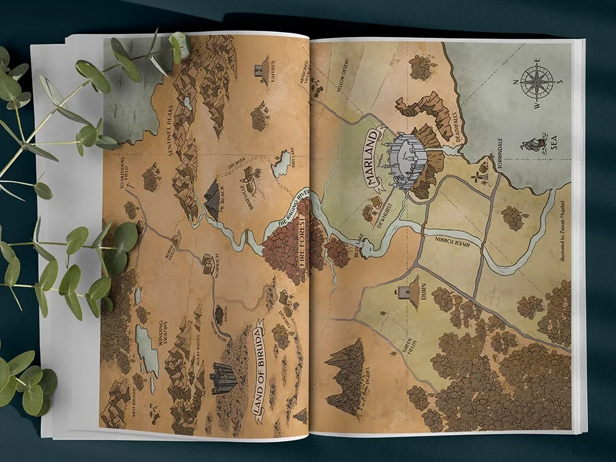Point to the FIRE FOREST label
click(x=301, y=246)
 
